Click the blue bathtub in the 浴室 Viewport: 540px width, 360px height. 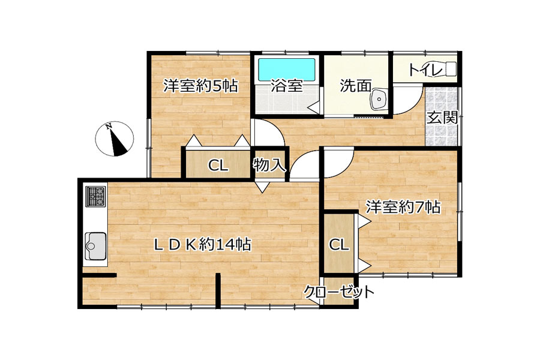(x=287, y=70)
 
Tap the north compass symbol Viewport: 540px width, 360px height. (x=115, y=139)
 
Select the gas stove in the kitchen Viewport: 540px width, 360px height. (x=95, y=197)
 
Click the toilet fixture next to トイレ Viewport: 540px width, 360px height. (x=449, y=68)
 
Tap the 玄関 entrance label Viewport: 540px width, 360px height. (x=442, y=118)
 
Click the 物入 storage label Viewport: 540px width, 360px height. (x=269, y=164)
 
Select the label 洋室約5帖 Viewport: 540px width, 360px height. (x=200, y=86)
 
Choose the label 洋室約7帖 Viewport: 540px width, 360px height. (x=403, y=208)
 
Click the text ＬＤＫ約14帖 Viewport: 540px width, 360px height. (x=202, y=245)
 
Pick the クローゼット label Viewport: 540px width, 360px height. (x=338, y=292)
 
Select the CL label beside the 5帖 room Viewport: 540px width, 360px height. (x=218, y=166)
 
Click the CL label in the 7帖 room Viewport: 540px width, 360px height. (x=339, y=245)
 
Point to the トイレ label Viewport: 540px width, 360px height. (x=425, y=70)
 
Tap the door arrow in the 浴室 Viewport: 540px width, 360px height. (x=314, y=107)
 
